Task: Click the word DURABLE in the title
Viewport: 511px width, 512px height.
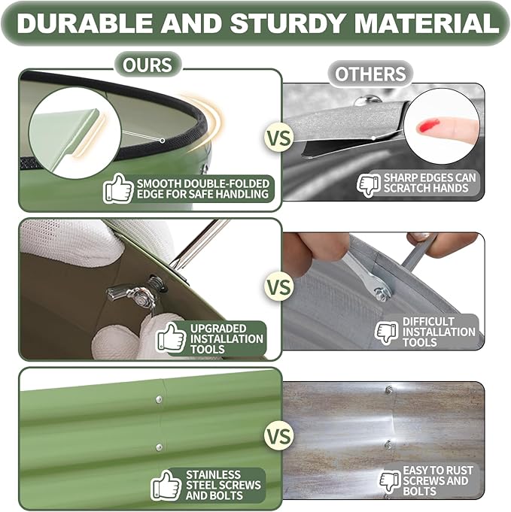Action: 85,23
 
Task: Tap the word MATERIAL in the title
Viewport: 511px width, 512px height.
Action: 426,23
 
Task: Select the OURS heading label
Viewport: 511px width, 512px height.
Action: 148,65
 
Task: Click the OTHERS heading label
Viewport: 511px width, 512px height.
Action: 370,74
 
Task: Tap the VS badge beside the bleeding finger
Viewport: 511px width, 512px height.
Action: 278,138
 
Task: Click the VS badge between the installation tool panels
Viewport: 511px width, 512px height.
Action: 278,286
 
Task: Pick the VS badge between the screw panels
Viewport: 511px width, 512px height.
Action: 278,436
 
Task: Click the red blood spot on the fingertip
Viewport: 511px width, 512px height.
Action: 429,125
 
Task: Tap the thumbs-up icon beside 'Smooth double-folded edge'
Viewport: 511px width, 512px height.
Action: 118,189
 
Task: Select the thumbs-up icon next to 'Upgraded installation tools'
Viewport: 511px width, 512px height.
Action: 171,338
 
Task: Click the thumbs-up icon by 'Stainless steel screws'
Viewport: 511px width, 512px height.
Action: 166,486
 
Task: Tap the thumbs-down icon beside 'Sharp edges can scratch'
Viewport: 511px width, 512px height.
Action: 369,184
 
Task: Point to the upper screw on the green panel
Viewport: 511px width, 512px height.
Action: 159,399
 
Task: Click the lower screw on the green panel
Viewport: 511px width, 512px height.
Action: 160,447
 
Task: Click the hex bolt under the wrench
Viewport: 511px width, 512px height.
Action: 382,295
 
